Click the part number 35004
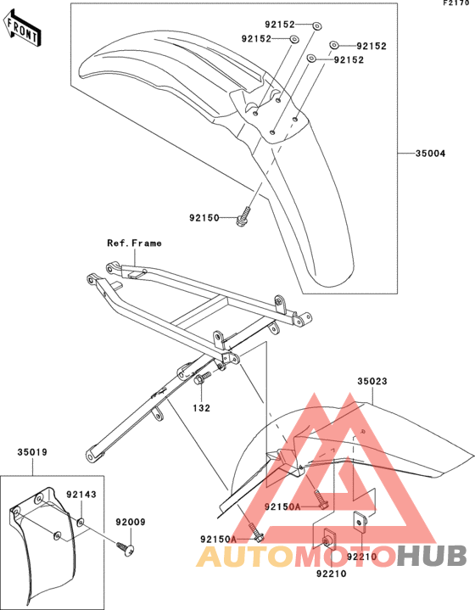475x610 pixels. tap(430, 154)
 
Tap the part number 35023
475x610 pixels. tap(372, 381)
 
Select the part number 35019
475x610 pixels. tap(32, 452)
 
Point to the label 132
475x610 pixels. tap(202, 408)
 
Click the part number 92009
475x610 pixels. tap(131, 522)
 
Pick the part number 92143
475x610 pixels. tap(81, 495)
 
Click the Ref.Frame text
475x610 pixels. tap(134, 243)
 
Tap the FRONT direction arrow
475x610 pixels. tap(22, 30)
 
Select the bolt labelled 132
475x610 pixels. tap(202, 378)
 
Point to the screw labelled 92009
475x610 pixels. tap(126, 548)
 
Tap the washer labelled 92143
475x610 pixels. tap(81, 522)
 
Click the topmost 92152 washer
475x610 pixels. tap(317, 26)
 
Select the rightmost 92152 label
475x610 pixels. tap(372, 47)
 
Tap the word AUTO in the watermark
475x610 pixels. tap(245, 556)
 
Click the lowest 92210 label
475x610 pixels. tap(331, 574)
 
